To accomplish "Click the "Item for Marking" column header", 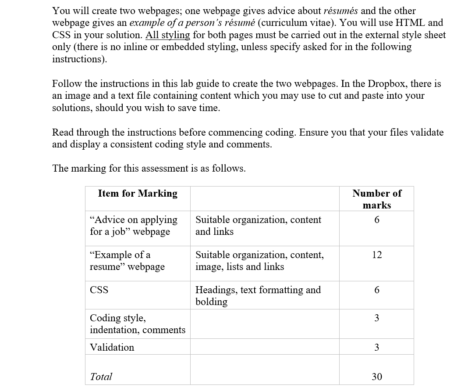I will pos(138,194).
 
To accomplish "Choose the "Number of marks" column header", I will pos(377,199).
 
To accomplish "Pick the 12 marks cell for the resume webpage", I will pos(377,255).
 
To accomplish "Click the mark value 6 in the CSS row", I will pos(377,290).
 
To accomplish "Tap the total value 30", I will pos(377,377).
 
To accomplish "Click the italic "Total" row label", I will pos(101,377).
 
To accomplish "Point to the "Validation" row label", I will pos(112,348).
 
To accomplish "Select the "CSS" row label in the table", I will pos(99,290).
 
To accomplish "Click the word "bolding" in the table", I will pos(211,302).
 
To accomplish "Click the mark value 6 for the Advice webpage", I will pos(377,220).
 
